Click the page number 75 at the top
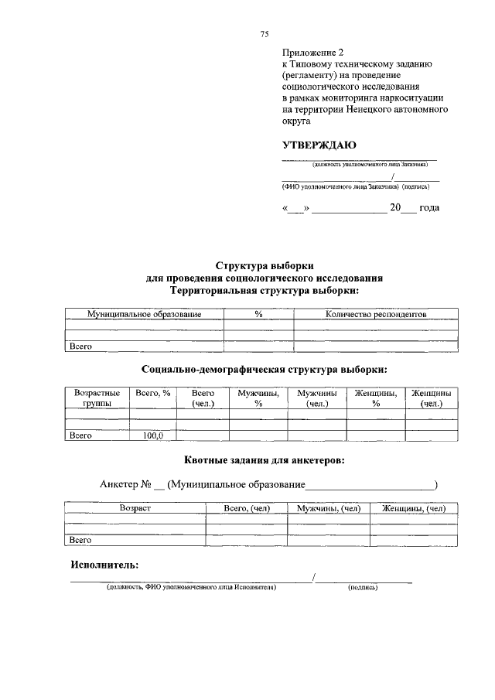coord(264,35)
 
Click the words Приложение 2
coord(312,53)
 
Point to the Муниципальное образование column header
coord(145,314)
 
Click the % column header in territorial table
coord(258,314)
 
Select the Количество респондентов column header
coord(376,314)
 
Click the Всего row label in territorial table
coord(81,347)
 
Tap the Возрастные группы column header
coord(97,398)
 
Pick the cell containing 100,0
coord(153,435)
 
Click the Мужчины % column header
coord(258,398)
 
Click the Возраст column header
coord(135,508)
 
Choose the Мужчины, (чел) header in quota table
coord(329,508)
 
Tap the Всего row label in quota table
coord(81,540)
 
